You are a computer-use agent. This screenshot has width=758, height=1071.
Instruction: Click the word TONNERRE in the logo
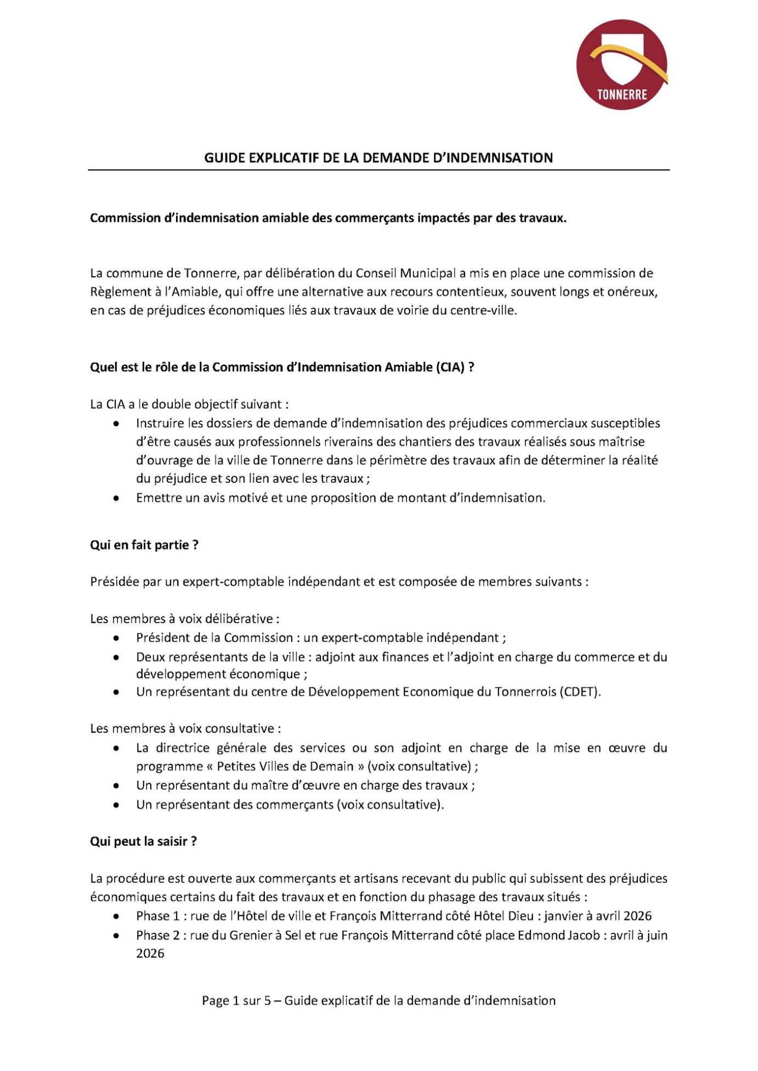coord(622,94)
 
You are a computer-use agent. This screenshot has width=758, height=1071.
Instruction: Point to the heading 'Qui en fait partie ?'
coord(144,545)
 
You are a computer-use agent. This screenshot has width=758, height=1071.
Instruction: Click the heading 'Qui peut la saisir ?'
coord(143,841)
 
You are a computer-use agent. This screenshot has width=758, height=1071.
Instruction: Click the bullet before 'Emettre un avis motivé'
coord(116,498)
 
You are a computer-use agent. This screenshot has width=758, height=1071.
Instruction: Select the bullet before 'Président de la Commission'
coord(116,638)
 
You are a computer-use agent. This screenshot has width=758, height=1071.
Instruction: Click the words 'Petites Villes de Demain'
coord(285,766)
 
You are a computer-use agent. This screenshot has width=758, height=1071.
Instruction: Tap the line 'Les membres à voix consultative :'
coord(185,728)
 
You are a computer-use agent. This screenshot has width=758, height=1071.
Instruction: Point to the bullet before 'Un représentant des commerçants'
coord(116,805)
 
